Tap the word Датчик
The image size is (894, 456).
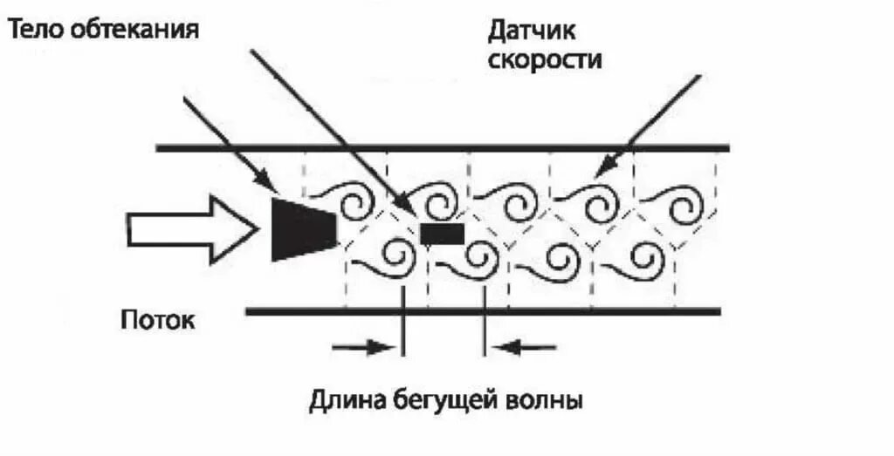[534, 31]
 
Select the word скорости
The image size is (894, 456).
[545, 61]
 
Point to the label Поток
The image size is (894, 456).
[157, 319]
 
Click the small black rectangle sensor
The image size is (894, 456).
[442, 233]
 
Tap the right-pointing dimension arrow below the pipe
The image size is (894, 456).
[363, 347]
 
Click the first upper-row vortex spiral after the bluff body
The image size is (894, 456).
[354, 205]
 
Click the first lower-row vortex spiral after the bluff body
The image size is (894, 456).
[397, 256]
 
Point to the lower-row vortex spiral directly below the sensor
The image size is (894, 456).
[478, 256]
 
